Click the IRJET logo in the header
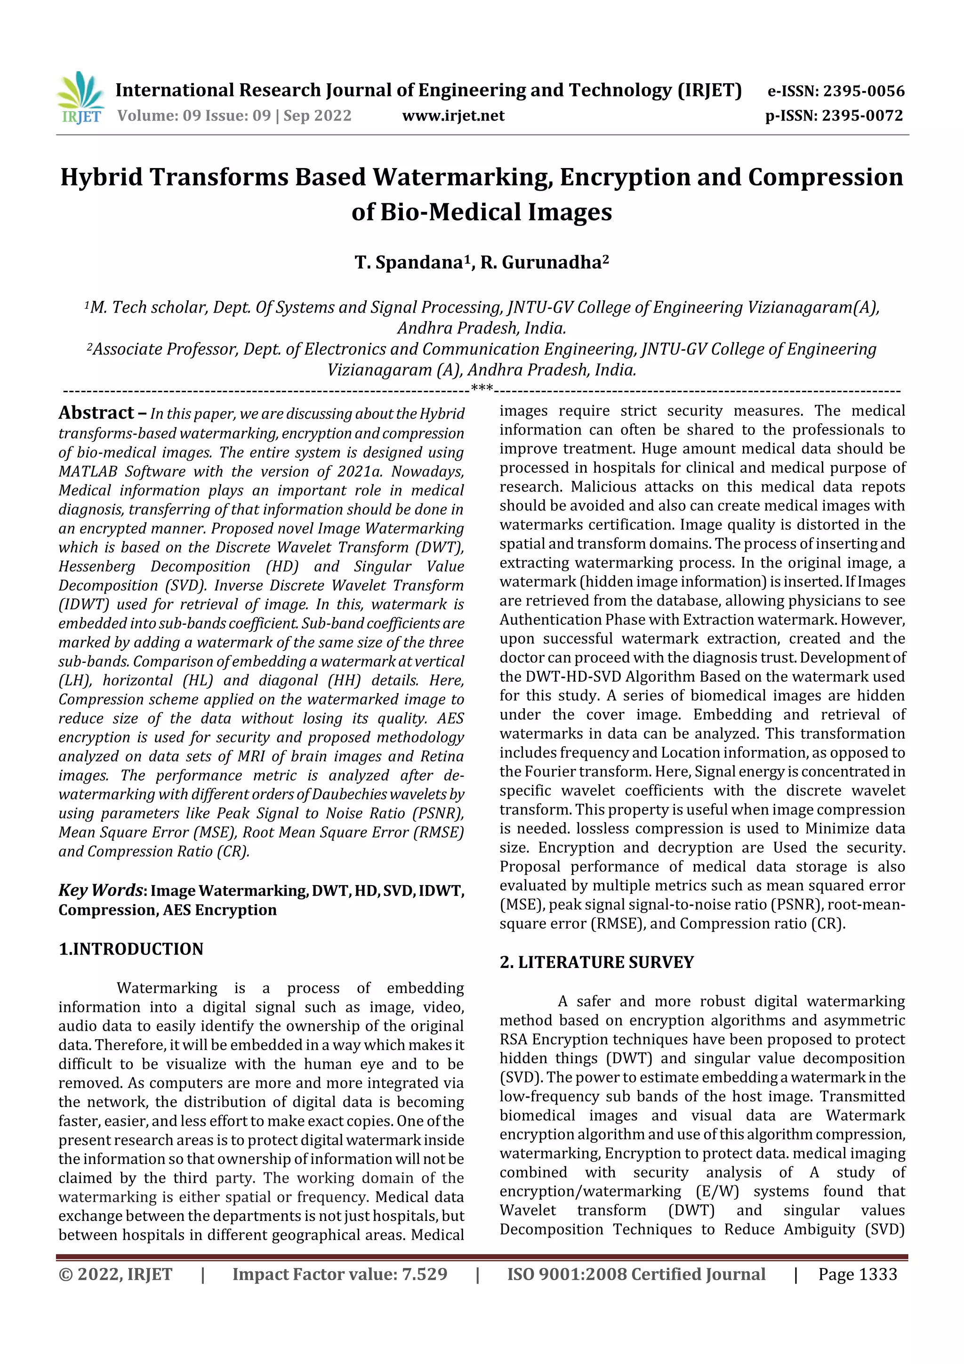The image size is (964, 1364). coord(81,98)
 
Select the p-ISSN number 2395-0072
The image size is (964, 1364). coord(862,116)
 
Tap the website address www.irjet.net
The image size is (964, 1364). coord(453,116)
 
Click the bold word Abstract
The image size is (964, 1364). coord(96,413)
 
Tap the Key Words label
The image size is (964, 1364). coord(100,890)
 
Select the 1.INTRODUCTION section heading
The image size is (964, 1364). coord(131,949)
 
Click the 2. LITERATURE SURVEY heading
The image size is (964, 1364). coord(596,962)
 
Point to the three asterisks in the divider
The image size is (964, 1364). coord(482,389)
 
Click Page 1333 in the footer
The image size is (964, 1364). coord(857,1274)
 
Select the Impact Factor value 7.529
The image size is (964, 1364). coord(424,1274)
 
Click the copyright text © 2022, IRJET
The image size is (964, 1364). coord(115,1274)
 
